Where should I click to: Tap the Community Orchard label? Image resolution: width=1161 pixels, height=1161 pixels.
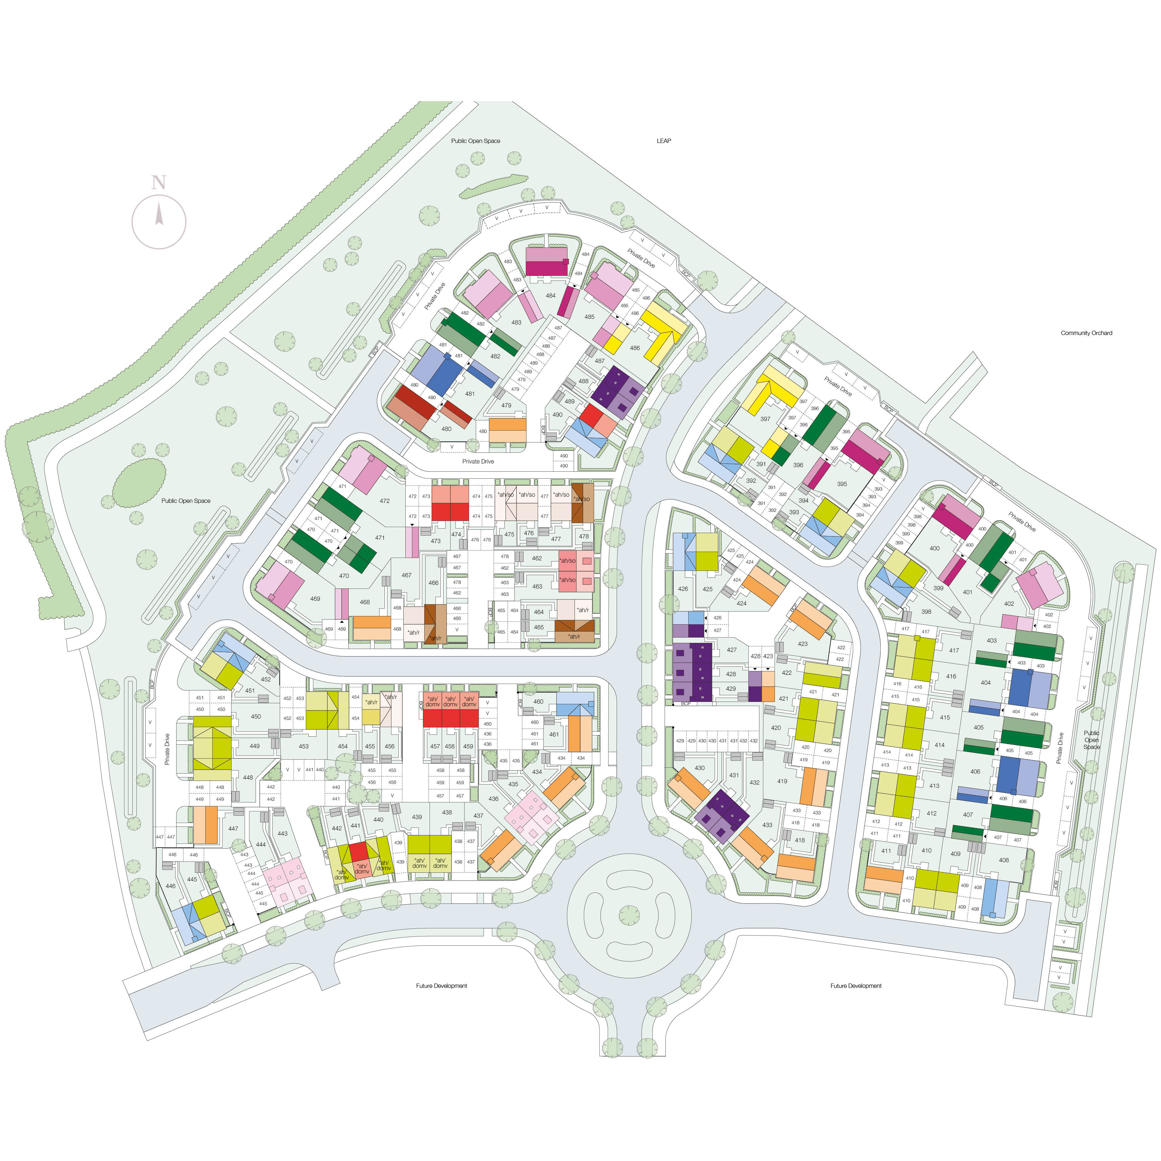pyautogui.click(x=1086, y=333)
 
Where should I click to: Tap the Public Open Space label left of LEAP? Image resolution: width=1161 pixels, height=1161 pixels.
pyautogui.click(x=475, y=141)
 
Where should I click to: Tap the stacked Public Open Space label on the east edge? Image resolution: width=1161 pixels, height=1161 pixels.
pyautogui.click(x=1091, y=740)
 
